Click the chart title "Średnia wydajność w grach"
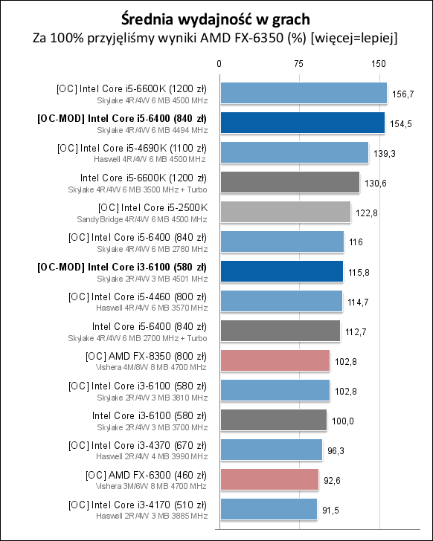(x=216, y=19)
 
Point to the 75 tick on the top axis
(x=299, y=64)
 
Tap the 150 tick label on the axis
(x=379, y=64)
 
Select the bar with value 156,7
(x=304, y=93)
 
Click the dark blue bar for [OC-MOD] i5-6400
(x=303, y=123)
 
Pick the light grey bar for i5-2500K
(x=286, y=212)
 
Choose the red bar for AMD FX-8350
(x=275, y=360)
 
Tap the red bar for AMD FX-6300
(x=269, y=479)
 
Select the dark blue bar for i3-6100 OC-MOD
(x=282, y=271)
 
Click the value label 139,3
(x=385, y=154)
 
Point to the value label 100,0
(x=343, y=421)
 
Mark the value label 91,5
(x=331, y=510)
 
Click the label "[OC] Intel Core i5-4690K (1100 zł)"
(x=132, y=149)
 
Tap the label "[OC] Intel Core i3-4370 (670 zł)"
(x=138, y=446)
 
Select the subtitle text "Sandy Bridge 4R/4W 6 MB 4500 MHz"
(x=142, y=219)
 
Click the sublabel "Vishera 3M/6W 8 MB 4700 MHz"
(x=151, y=486)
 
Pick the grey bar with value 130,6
(x=290, y=182)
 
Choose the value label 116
(x=356, y=242)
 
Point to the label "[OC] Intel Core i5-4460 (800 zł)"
(x=138, y=297)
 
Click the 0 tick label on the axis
(x=219, y=64)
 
